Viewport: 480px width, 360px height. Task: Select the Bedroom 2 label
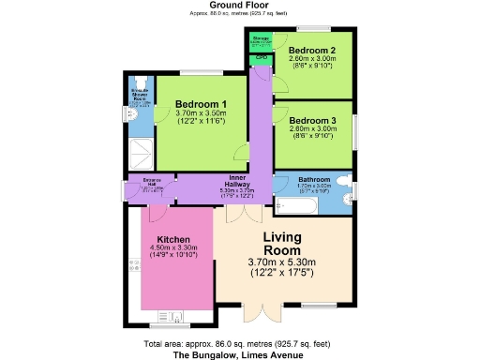pos(311,50)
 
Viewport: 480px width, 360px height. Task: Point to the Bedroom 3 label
pos(311,120)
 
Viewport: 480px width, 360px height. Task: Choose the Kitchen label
pos(174,239)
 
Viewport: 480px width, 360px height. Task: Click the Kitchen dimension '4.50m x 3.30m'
pos(174,247)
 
